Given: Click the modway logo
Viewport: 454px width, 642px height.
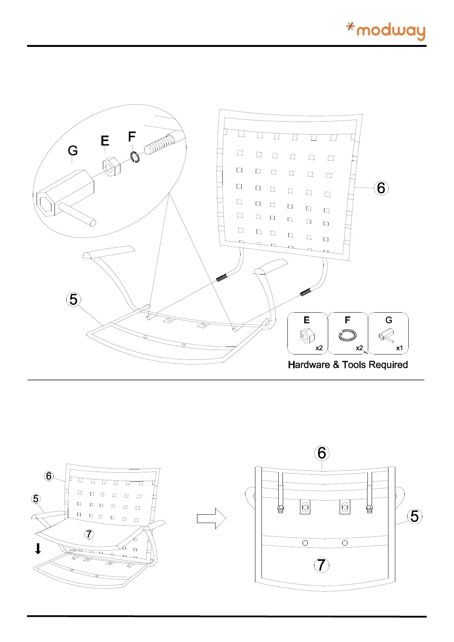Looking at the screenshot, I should (386, 31).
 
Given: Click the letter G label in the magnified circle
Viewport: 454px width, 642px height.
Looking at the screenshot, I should (72, 151).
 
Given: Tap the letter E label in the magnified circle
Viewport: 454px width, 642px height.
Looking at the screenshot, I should (105, 141).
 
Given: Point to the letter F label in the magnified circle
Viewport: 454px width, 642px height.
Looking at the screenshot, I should (132, 136).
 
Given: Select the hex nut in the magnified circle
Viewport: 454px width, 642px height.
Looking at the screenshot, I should (111, 167).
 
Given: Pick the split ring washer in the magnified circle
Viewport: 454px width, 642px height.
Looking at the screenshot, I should (135, 157).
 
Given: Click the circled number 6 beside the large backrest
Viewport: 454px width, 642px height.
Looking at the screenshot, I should (381, 188).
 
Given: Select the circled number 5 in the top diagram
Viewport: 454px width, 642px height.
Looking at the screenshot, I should (74, 300).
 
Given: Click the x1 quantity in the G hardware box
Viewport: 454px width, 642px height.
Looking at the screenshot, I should (399, 348).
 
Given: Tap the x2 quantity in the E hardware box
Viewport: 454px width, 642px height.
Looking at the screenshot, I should (319, 348).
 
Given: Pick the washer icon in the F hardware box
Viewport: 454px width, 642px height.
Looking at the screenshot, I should (347, 335).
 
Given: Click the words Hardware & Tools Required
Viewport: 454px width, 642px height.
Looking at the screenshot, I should (348, 365).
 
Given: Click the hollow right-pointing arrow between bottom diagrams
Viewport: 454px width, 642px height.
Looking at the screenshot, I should (211, 518).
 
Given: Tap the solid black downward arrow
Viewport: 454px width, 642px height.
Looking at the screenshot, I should (38, 549).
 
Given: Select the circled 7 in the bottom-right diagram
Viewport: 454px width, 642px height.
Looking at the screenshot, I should (321, 565).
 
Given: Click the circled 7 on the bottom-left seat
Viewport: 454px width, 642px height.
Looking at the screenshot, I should (89, 534).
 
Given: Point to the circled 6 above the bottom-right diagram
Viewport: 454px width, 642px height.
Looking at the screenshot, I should (322, 453).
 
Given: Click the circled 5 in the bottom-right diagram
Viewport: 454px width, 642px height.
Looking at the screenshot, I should (414, 517).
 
